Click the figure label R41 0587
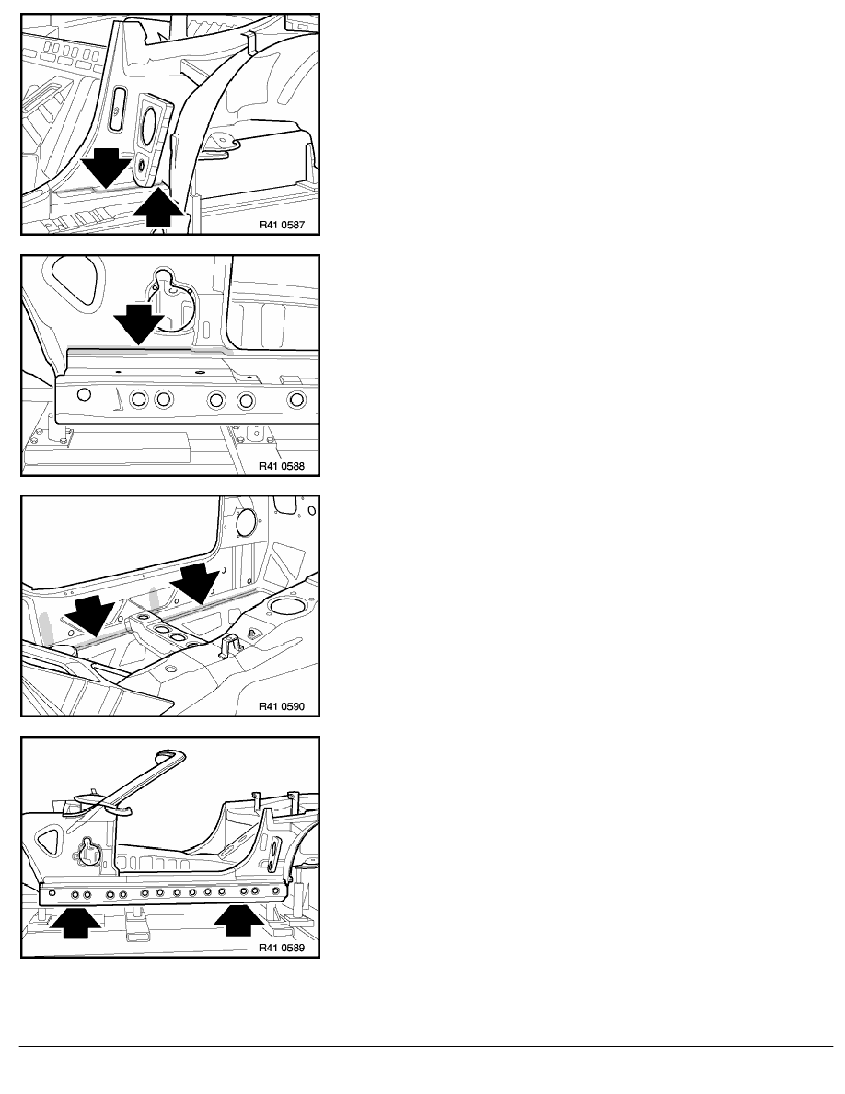point(282,226)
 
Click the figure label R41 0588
point(282,466)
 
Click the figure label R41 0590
point(282,706)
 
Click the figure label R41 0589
point(282,948)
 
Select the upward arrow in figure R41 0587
point(159,206)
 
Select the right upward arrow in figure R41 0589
point(239,919)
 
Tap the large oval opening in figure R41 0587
point(150,126)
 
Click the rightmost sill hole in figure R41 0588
point(297,401)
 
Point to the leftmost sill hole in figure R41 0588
point(84,395)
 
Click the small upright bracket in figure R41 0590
point(227,646)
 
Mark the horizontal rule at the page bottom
point(426,1046)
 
